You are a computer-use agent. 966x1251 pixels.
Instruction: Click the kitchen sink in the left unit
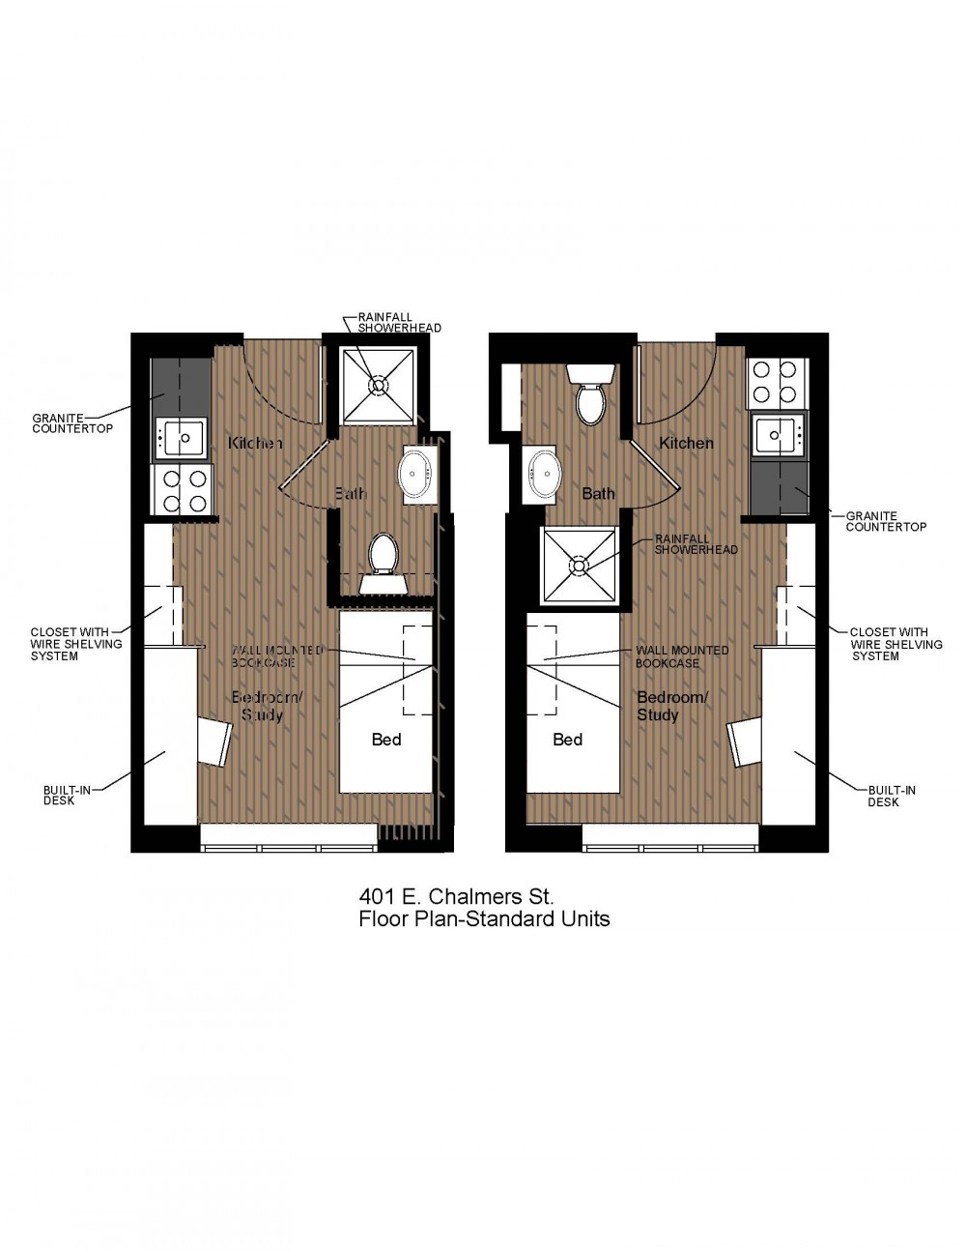pos(181,439)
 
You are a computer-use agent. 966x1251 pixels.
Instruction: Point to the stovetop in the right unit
pos(778,382)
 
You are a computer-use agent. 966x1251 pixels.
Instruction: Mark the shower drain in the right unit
pos(579,565)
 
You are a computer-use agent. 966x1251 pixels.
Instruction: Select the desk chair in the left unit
pos(215,742)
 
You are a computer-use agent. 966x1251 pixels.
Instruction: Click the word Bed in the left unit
pos(386,740)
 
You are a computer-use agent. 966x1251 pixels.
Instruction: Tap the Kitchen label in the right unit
pos(686,444)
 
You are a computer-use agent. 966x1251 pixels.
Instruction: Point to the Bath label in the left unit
pos(351,493)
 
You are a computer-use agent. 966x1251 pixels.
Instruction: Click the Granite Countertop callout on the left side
pos(72,423)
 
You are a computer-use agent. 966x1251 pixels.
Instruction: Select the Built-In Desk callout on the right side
pos(892,797)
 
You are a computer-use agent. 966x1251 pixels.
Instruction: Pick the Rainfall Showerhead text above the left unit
pos(400,323)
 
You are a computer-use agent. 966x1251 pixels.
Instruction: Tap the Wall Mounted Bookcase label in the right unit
pos(682,656)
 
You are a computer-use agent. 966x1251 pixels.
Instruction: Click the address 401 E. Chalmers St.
pos(456,897)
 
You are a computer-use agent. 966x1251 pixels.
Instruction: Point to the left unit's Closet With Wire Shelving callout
pos(76,644)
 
